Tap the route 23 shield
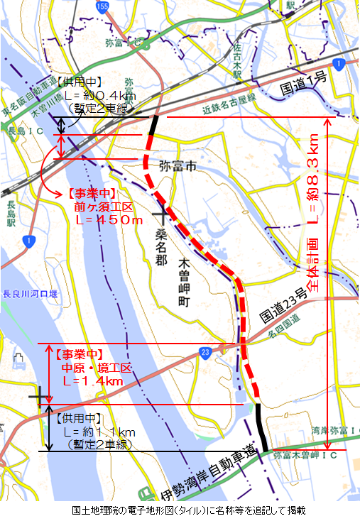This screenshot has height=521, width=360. pyautogui.click(x=205, y=351)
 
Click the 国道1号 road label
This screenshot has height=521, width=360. pyautogui.click(x=302, y=83)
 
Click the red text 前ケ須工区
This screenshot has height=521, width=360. pyautogui.click(x=103, y=207)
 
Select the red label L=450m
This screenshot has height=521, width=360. pyautogui.click(x=109, y=220)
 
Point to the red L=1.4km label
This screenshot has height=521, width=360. pyautogui.click(x=92, y=381)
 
